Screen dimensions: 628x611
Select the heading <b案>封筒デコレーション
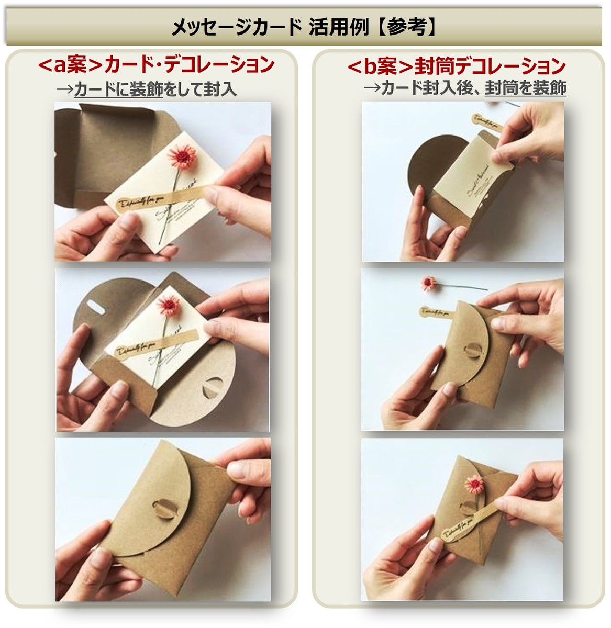coord(456,66)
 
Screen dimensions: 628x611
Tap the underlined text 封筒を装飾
coord(525,88)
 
